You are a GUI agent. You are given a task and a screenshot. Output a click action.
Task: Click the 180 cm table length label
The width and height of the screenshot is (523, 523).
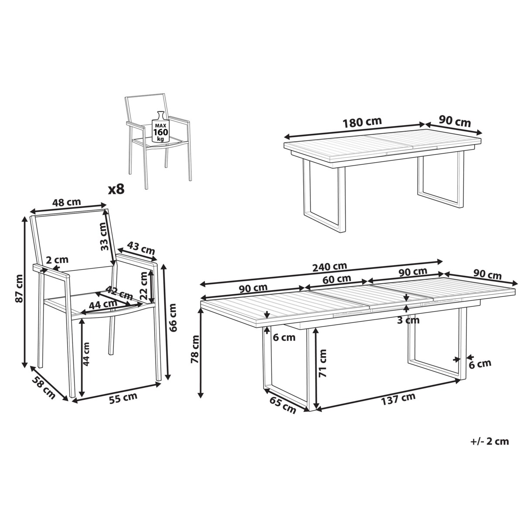[362, 122]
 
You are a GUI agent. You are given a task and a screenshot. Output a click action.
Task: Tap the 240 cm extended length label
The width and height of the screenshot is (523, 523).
[330, 267]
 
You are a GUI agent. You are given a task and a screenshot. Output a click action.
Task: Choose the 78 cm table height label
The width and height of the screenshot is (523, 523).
[195, 349]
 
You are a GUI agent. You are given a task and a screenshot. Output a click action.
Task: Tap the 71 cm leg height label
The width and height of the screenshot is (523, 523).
[322, 363]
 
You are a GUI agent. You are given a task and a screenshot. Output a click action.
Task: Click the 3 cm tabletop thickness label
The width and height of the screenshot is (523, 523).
[408, 320]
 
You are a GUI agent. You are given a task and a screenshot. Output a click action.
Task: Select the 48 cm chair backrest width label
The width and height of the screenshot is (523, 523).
[67, 202]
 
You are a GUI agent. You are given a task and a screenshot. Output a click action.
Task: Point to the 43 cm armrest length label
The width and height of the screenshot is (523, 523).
[141, 248]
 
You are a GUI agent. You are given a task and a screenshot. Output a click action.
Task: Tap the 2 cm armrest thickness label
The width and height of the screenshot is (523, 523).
[57, 260]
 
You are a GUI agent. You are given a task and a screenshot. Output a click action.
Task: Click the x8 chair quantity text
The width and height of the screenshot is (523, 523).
[116, 190]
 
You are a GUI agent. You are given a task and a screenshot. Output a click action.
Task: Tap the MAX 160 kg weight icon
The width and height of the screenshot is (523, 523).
[161, 127]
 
